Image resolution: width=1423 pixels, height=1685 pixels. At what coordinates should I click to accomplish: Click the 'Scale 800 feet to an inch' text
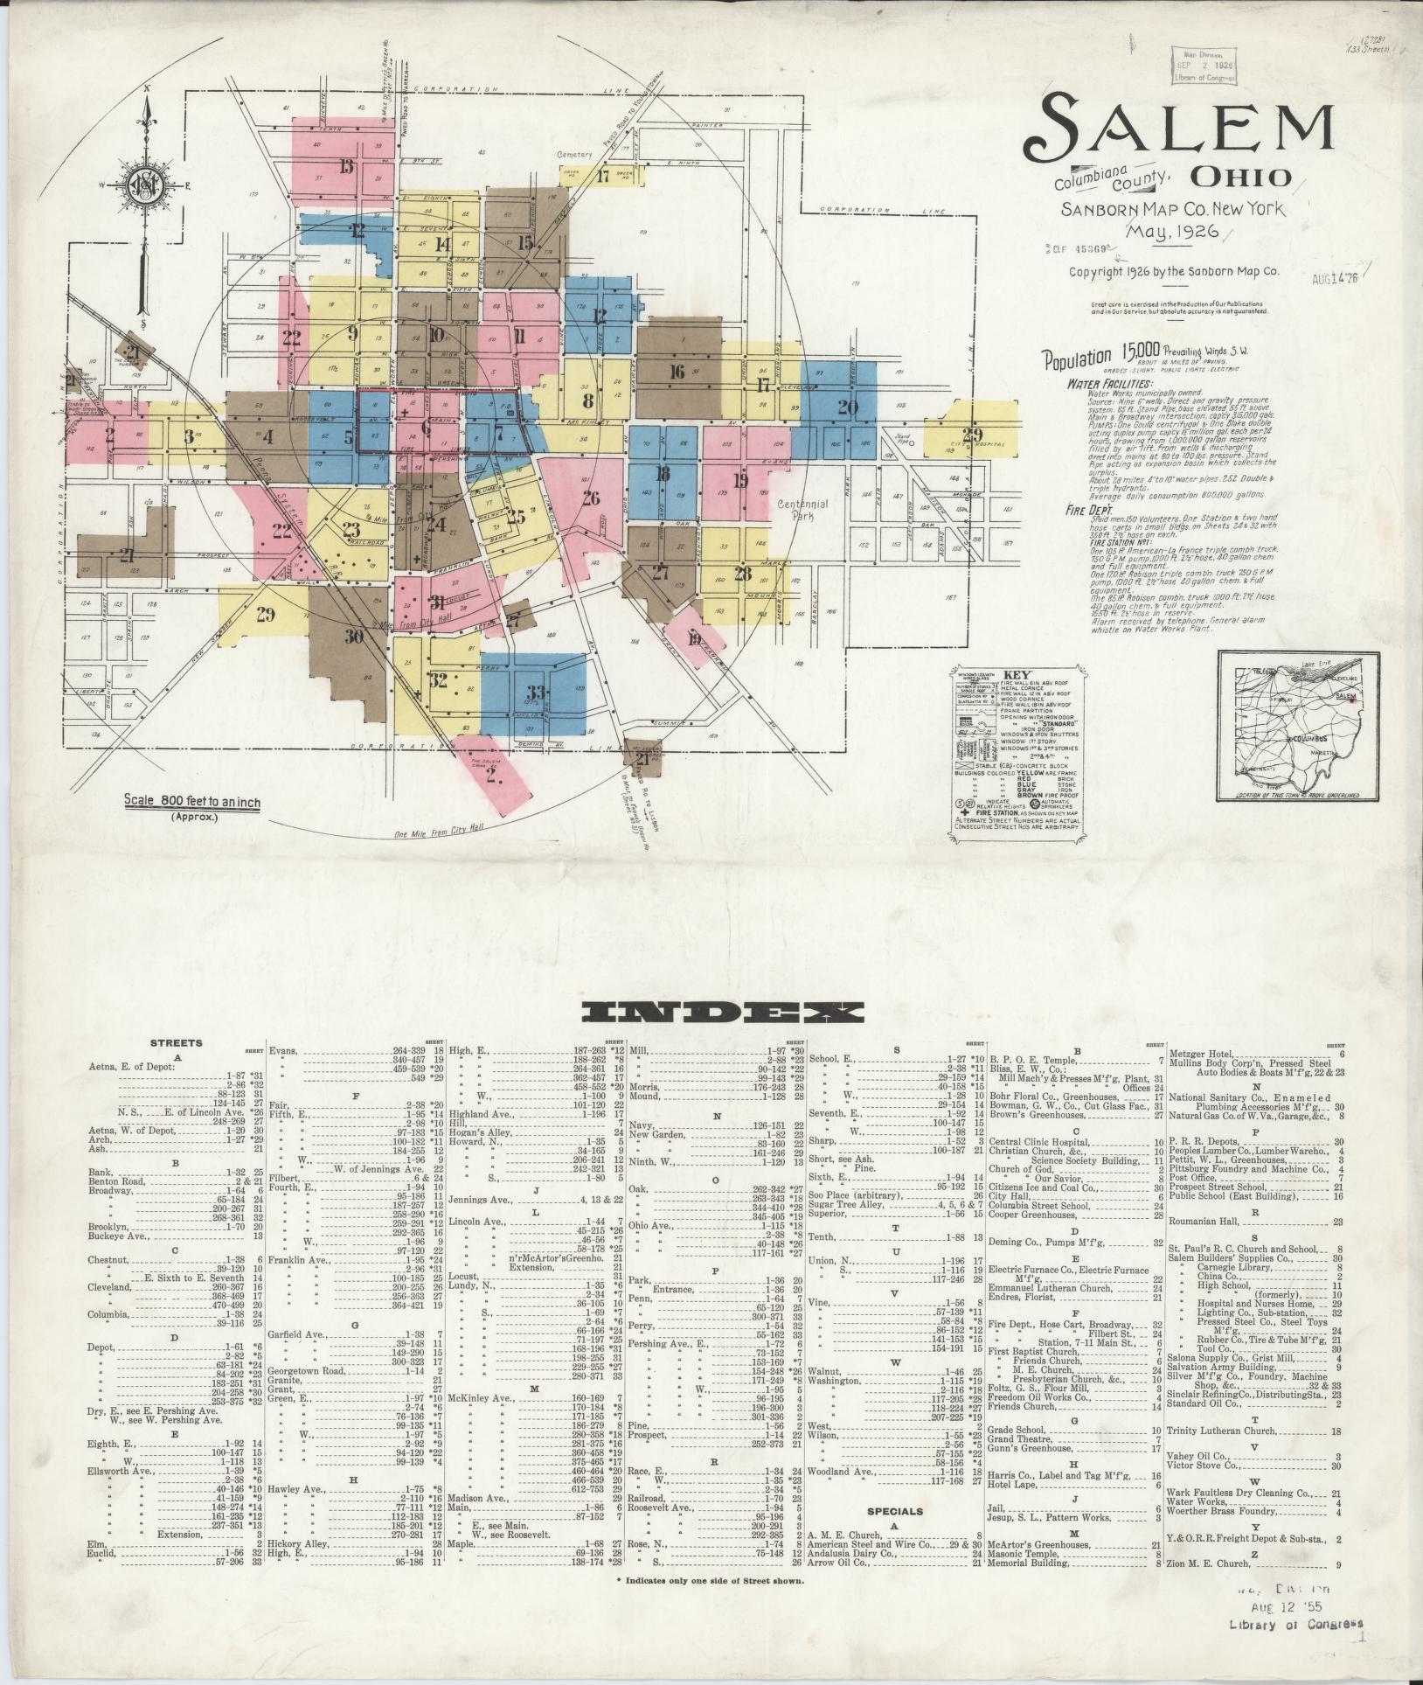click(191, 800)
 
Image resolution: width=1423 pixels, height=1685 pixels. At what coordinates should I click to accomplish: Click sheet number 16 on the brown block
click(676, 372)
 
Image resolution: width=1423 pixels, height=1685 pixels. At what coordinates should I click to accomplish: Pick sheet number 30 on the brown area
click(353, 637)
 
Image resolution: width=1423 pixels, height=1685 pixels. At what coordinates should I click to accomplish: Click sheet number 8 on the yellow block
click(588, 401)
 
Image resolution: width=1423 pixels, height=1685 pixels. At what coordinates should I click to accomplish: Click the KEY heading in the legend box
click(1018, 676)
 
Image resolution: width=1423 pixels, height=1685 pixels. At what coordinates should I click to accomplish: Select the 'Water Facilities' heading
click(1109, 383)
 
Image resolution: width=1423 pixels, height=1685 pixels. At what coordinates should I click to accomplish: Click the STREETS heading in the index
click(176, 1042)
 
